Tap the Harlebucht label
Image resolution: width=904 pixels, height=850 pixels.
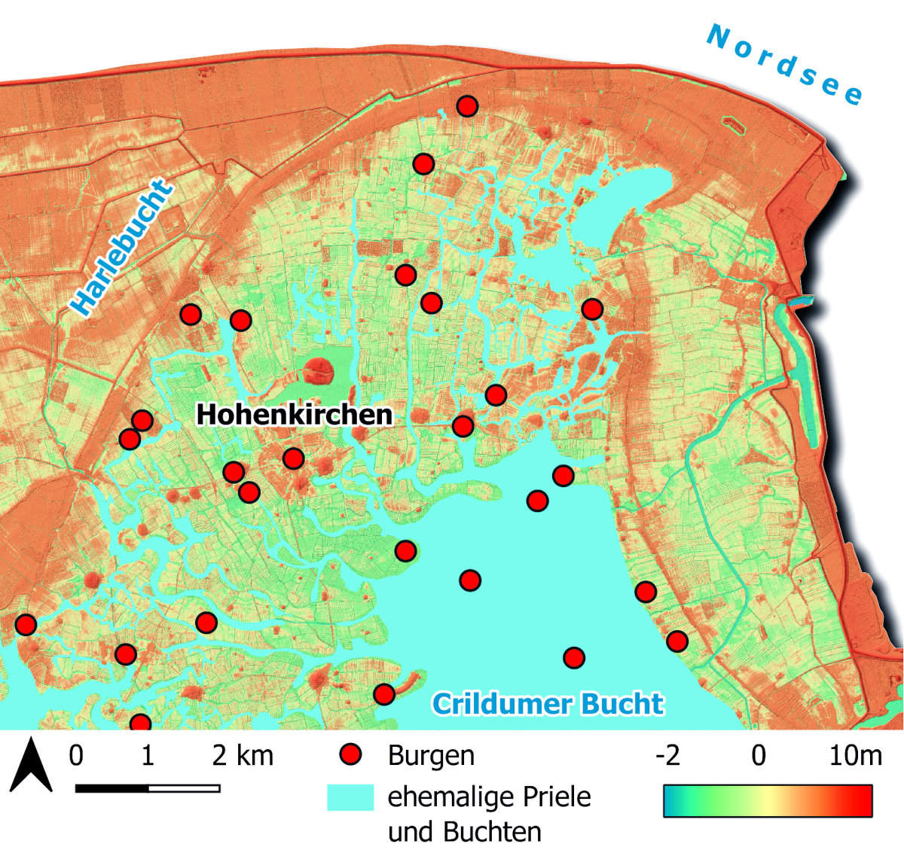pyautogui.click(x=121, y=248)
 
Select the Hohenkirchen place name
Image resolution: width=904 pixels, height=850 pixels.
pyautogui.click(x=295, y=414)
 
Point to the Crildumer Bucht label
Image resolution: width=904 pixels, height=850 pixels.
pyautogui.click(x=548, y=703)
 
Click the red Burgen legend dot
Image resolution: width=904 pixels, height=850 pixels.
pyautogui.click(x=350, y=754)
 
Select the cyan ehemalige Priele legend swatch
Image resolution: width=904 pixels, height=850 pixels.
pyautogui.click(x=350, y=797)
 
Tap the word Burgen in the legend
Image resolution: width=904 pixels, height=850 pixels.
pyautogui.click(x=431, y=755)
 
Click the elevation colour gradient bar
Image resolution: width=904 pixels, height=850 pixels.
pyautogui.click(x=768, y=800)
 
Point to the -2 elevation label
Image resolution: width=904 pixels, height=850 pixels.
pyautogui.click(x=667, y=755)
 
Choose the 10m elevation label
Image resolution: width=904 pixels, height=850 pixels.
pyautogui.click(x=855, y=755)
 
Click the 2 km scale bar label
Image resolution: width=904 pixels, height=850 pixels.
pyautogui.click(x=243, y=755)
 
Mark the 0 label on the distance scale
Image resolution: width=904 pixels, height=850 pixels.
pyautogui.click(x=75, y=755)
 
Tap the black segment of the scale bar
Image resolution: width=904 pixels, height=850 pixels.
pyautogui.click(x=111, y=788)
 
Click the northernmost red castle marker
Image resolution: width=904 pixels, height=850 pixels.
pyautogui.click(x=468, y=106)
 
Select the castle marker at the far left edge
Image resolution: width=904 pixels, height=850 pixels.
pyautogui.click(x=26, y=624)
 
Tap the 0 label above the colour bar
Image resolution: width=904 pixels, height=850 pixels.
pyautogui.click(x=759, y=755)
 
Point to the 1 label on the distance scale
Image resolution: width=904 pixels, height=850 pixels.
pyautogui.click(x=147, y=755)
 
